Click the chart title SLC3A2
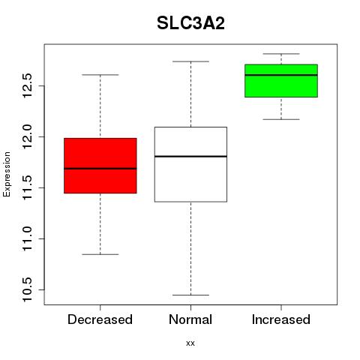[x=190, y=23]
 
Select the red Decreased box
[x=100, y=166]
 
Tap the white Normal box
[x=190, y=164]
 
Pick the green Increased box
[x=281, y=80]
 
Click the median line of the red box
[x=100, y=169]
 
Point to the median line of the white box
[x=190, y=157]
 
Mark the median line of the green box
[x=281, y=75]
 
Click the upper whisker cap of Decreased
[x=100, y=75]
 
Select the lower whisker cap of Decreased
[x=100, y=254]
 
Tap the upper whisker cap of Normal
[x=190, y=61]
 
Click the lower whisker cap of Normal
[x=190, y=295]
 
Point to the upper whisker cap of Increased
[x=281, y=54]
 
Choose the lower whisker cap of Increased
[x=281, y=119]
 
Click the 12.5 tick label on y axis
[x=28, y=85]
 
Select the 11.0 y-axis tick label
[x=28, y=238]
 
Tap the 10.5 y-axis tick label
[x=28, y=289]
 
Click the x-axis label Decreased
[x=100, y=319]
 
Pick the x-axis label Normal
[x=190, y=319]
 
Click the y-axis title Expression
[x=7, y=175]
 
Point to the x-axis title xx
[x=190, y=343]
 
